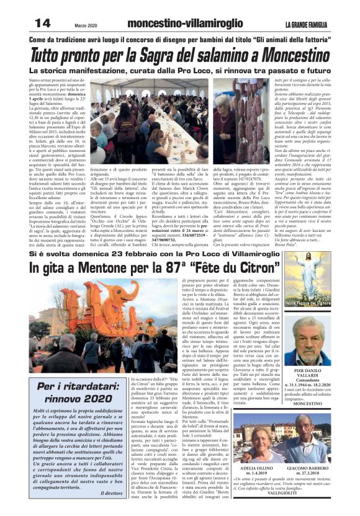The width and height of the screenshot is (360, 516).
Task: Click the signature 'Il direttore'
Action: tap(111, 493)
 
